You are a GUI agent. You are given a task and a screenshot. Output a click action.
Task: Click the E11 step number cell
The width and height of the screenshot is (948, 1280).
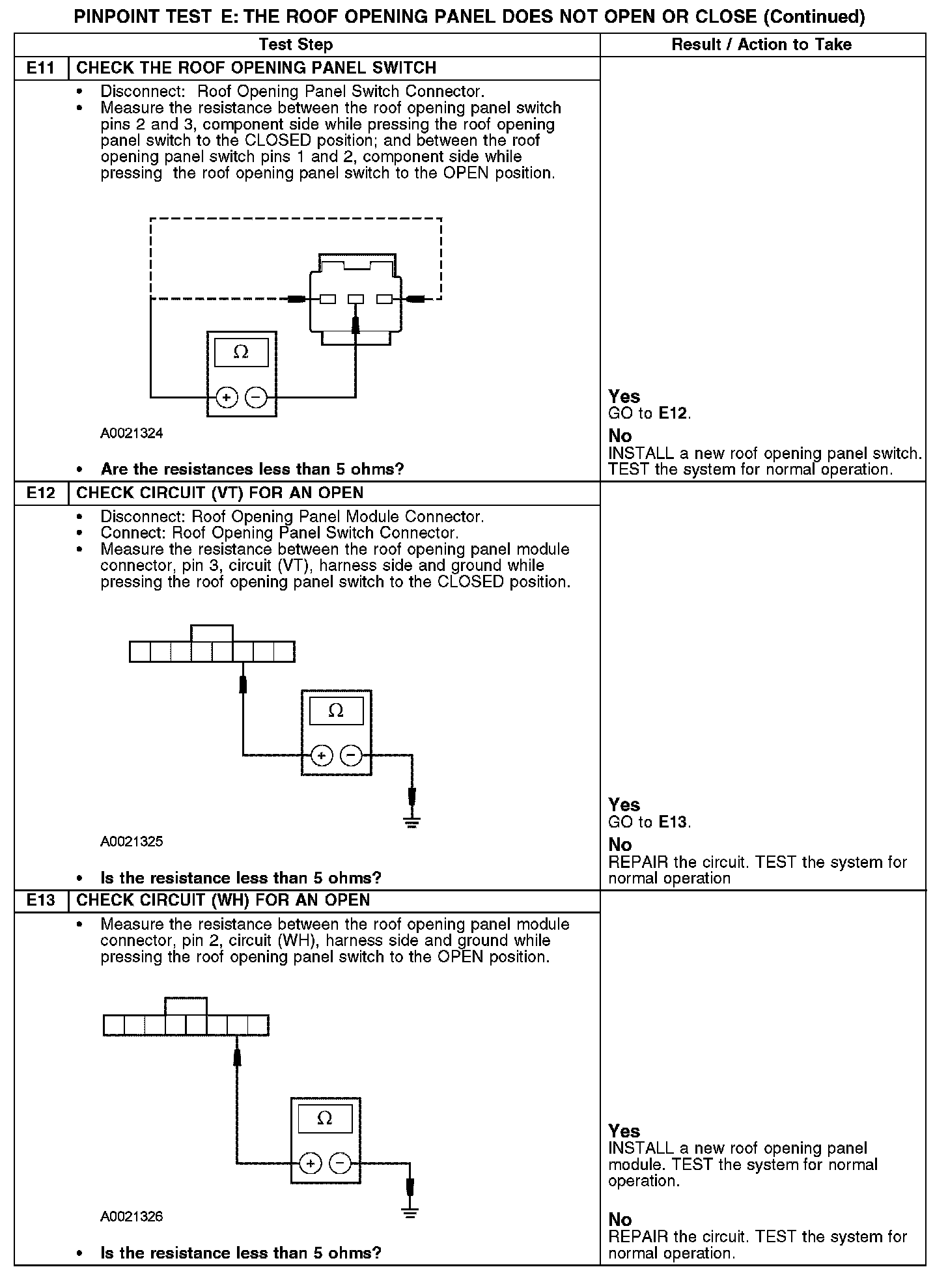point(40,68)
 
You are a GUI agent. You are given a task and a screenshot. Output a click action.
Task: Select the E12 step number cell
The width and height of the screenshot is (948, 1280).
point(40,493)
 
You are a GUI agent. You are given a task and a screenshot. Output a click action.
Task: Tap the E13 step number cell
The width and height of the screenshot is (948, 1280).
point(40,900)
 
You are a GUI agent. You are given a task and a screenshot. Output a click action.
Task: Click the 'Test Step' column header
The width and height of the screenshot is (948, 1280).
point(296,45)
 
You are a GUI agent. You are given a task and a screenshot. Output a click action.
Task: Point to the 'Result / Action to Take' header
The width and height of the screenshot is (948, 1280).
point(761,45)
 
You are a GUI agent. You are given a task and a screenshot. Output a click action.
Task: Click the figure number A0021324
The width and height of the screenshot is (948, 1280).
point(132,434)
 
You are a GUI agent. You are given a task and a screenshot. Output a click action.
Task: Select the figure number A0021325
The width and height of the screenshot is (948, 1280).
point(132,842)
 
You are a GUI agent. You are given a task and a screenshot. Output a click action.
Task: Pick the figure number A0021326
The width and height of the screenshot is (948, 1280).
point(132,1217)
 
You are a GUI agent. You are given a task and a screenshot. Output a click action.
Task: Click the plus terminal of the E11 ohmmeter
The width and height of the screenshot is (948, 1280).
point(226,397)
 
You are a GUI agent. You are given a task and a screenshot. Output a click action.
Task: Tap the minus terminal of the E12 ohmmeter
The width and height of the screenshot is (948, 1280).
point(351,755)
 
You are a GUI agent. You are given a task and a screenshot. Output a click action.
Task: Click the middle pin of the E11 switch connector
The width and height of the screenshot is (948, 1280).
point(355,299)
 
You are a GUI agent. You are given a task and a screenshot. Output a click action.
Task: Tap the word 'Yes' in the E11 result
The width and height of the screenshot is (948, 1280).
point(624,397)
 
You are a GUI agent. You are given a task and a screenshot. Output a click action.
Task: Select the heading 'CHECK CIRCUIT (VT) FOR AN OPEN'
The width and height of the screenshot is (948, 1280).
point(219,493)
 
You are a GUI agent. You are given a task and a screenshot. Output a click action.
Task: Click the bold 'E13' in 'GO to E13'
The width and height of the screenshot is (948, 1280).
point(673,822)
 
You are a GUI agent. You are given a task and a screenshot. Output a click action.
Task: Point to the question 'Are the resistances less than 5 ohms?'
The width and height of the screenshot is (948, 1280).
point(252,469)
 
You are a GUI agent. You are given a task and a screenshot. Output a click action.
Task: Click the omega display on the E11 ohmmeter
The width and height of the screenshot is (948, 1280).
point(241,353)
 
